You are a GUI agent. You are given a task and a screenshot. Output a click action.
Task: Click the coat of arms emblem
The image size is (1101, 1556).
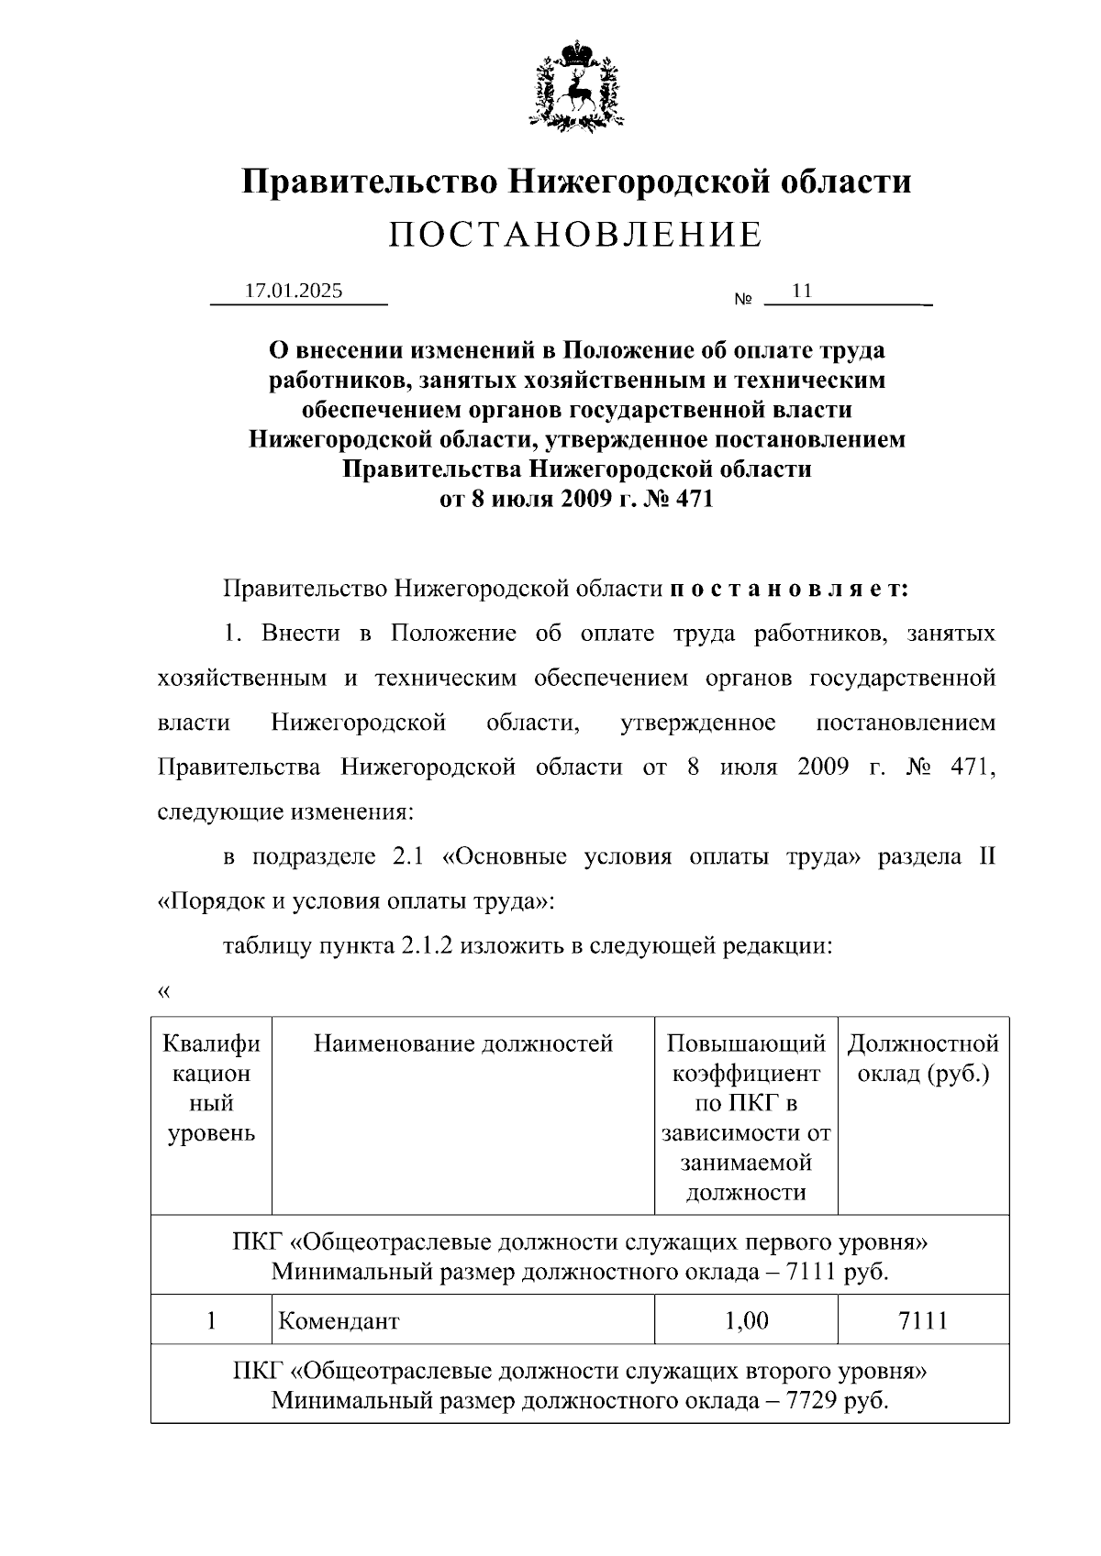click(577, 84)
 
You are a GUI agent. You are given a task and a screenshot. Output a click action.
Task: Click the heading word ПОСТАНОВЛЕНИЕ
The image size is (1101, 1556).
click(575, 236)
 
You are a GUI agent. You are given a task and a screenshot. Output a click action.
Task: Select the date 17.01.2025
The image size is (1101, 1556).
click(294, 292)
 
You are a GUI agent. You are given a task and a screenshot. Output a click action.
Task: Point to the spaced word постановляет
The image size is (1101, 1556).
click(789, 589)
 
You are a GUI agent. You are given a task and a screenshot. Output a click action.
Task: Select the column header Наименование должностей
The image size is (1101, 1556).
click(463, 1043)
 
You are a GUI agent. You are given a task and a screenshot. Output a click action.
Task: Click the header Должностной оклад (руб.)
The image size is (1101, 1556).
click(923, 1058)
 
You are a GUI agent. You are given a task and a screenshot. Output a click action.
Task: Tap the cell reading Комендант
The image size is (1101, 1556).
click(339, 1321)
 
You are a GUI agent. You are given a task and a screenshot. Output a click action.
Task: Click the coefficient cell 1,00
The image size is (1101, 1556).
click(746, 1320)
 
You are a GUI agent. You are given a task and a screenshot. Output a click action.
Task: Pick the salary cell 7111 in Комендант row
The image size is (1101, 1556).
click(923, 1320)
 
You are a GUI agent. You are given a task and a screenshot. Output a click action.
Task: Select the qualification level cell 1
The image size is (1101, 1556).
click(211, 1320)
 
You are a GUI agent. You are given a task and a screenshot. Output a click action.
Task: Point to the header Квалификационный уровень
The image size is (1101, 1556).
click(211, 1088)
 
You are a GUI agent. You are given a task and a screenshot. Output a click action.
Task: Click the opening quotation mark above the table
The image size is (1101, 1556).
click(164, 992)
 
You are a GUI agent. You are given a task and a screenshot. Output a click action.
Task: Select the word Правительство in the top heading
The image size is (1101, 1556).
click(370, 181)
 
